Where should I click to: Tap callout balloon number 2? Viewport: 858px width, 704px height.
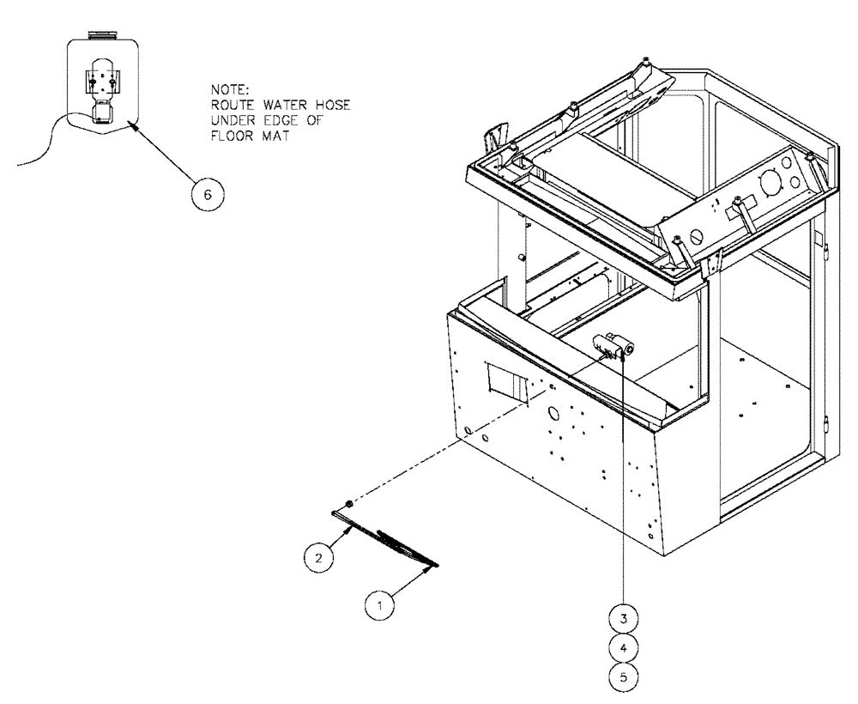pyautogui.click(x=318, y=556)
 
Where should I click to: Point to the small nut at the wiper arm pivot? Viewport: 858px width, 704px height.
pyautogui.click(x=347, y=503)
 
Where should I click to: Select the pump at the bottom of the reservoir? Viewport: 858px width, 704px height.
pyautogui.click(x=102, y=111)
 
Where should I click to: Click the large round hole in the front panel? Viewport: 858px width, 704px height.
pyautogui.click(x=553, y=413)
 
